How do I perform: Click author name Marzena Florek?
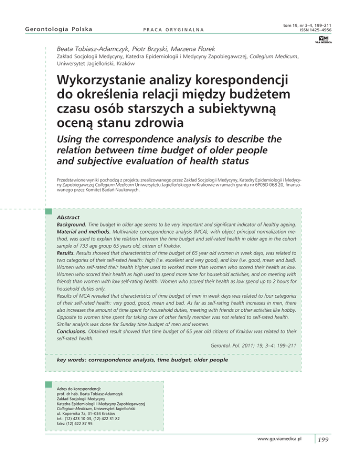pyautogui.click(x=208, y=47)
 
